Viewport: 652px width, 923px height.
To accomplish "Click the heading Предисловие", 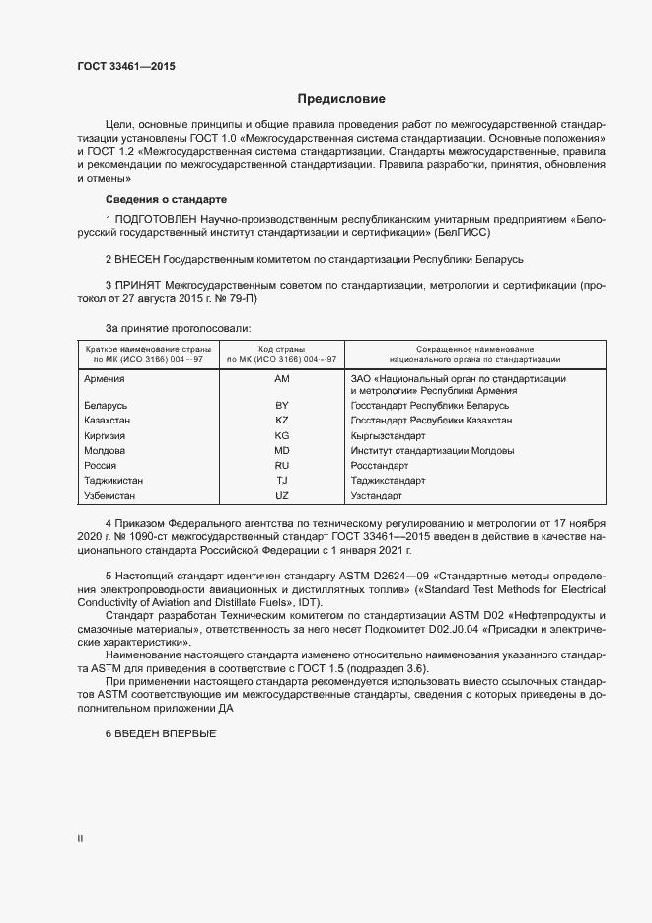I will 341,99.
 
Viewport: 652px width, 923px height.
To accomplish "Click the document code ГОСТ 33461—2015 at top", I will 126,67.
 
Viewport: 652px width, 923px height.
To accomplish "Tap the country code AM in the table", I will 281,379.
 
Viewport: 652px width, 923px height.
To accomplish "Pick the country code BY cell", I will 281,406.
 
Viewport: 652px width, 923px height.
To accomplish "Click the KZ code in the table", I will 281,421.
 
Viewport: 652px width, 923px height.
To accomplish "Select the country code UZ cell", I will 281,495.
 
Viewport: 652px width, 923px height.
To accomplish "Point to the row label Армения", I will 104,379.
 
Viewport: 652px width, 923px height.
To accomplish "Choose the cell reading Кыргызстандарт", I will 388,435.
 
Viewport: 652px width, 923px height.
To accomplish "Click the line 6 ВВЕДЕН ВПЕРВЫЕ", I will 159,736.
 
